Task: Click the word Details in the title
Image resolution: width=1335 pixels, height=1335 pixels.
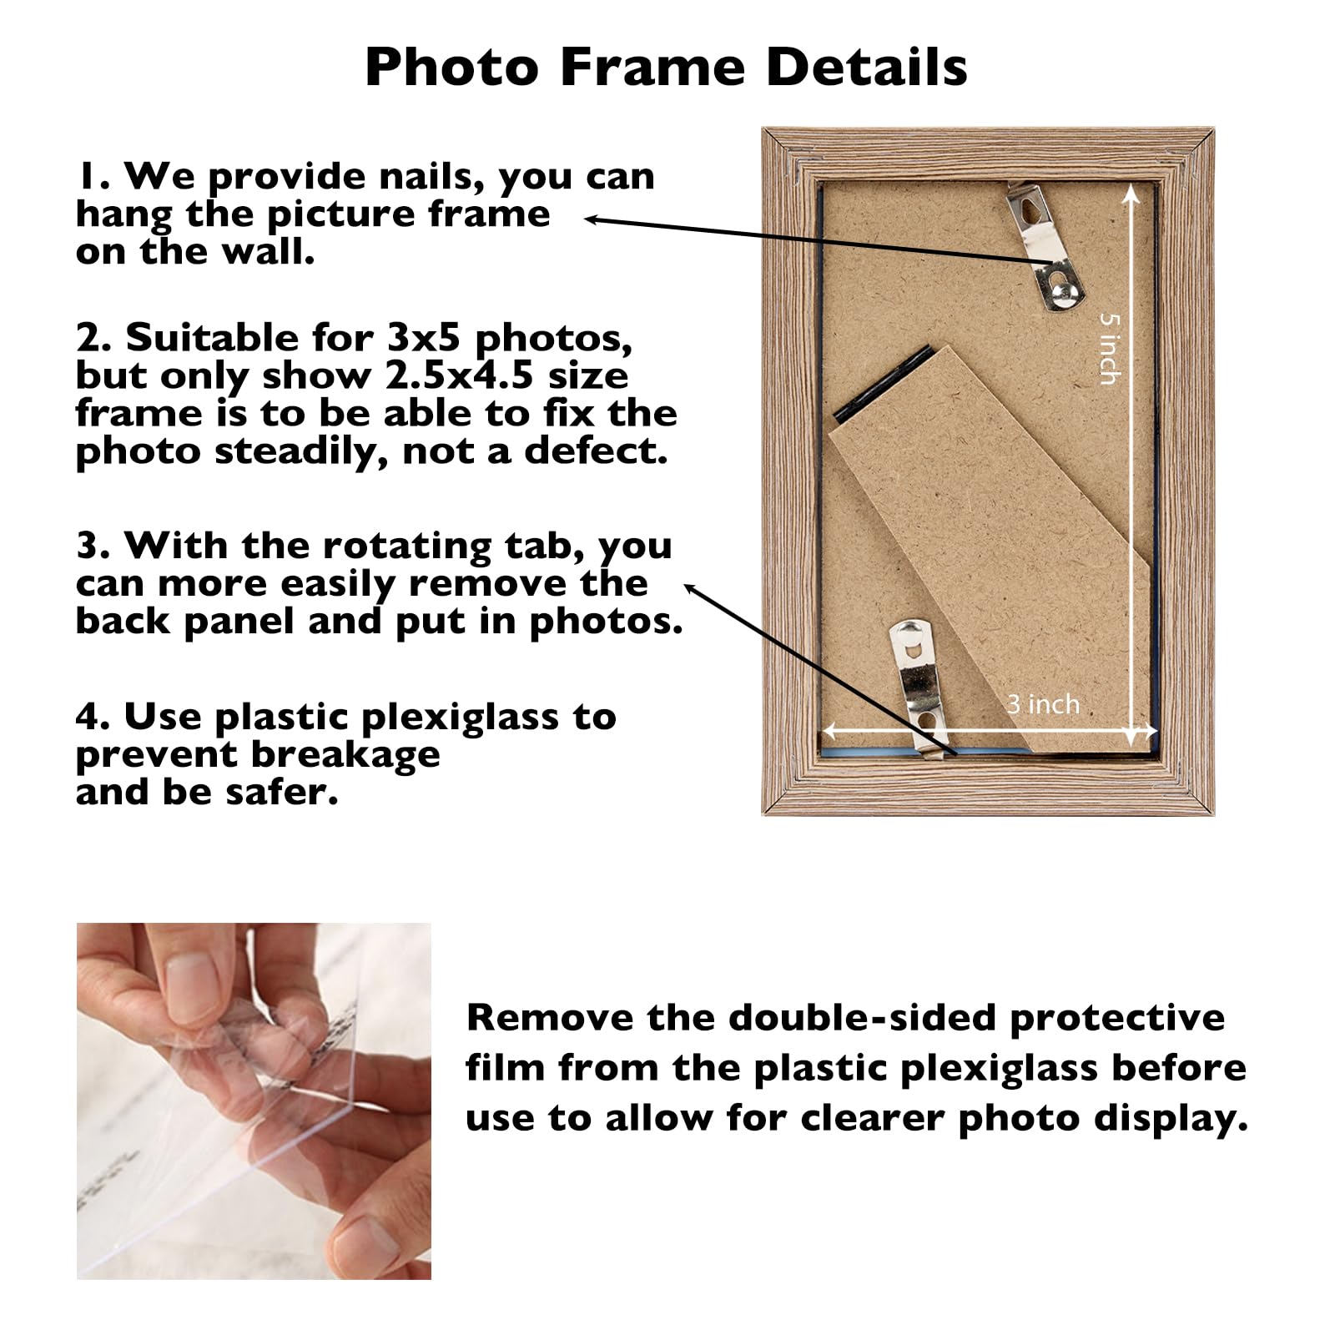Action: pos(866,67)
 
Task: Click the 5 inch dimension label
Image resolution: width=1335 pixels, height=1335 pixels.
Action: pos(1109,348)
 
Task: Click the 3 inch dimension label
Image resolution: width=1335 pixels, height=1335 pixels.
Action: pos(1042,704)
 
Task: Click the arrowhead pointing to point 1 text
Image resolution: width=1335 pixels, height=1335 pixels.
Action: pos(591,219)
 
